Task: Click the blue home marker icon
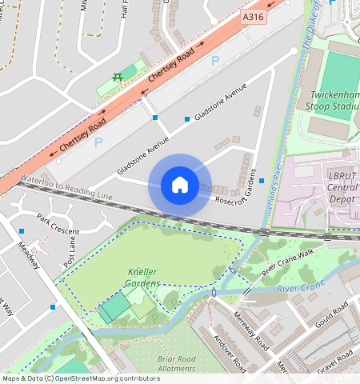click(x=180, y=185)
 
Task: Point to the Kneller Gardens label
click(x=144, y=278)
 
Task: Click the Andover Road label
click(x=230, y=349)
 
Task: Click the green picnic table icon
click(x=118, y=77)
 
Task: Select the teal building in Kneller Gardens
click(x=115, y=307)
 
